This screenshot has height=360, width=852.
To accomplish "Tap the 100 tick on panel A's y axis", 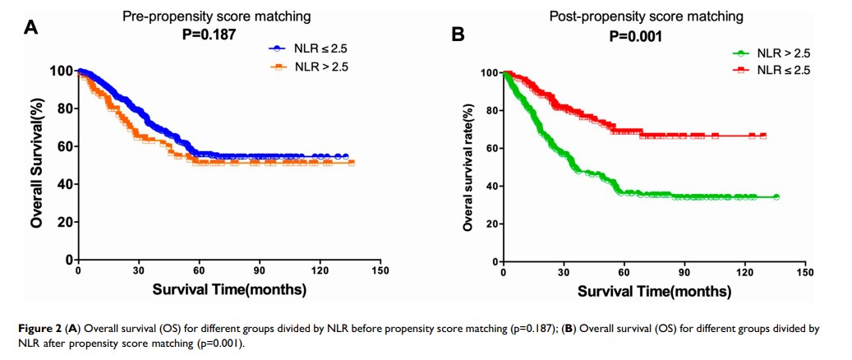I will (x=59, y=71).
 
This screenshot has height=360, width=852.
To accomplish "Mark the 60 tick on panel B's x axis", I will (x=624, y=272).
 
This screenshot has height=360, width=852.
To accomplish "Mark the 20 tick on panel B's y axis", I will (x=490, y=224).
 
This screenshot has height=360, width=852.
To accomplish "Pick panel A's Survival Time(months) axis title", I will (x=229, y=289).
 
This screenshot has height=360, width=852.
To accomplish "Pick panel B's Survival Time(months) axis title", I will (x=655, y=291).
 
